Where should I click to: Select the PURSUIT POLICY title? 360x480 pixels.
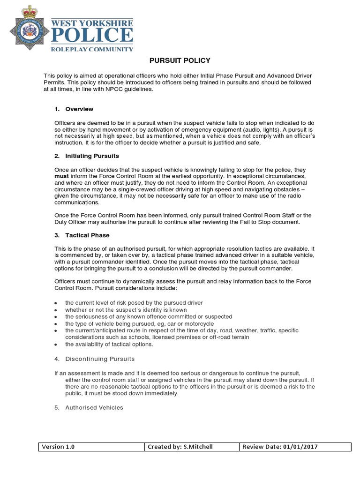[180, 61]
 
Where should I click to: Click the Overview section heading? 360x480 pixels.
[79, 109]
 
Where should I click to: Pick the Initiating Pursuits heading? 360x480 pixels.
[92, 156]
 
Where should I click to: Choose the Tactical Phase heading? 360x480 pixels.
[87, 235]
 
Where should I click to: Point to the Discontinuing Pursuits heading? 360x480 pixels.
[100, 359]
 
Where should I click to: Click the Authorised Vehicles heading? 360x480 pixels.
[94, 408]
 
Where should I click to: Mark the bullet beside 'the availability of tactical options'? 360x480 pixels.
[56, 345]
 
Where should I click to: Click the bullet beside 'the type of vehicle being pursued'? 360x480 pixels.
[56, 324]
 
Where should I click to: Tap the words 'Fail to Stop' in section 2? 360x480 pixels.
[269, 222]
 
